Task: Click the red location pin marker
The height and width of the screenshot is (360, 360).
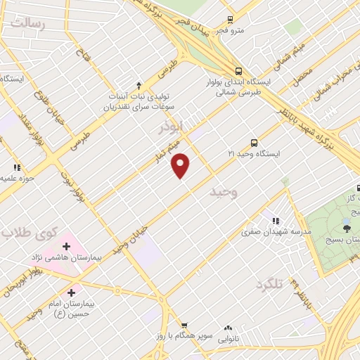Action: tap(181, 165)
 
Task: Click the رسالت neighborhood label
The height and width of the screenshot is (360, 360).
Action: tap(27, 24)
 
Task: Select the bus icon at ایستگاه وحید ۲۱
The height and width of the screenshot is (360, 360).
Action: tap(253, 141)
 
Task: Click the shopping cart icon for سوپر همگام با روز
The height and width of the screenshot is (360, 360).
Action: tap(184, 326)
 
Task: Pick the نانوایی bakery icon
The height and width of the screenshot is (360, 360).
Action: tap(228, 328)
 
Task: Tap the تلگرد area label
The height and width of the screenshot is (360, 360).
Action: tap(269, 284)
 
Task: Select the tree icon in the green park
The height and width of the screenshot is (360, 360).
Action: tap(346, 226)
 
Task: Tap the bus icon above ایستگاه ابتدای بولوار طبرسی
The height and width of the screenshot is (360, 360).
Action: tap(240, 71)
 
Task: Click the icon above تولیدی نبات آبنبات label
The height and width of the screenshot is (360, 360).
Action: tap(139, 85)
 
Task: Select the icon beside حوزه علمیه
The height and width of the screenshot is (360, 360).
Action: tap(16, 167)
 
